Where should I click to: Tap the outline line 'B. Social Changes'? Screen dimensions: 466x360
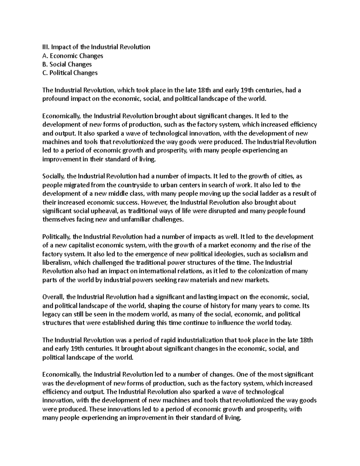67,64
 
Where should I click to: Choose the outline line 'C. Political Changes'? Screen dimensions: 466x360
70,73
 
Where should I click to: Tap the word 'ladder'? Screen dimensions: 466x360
268,194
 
